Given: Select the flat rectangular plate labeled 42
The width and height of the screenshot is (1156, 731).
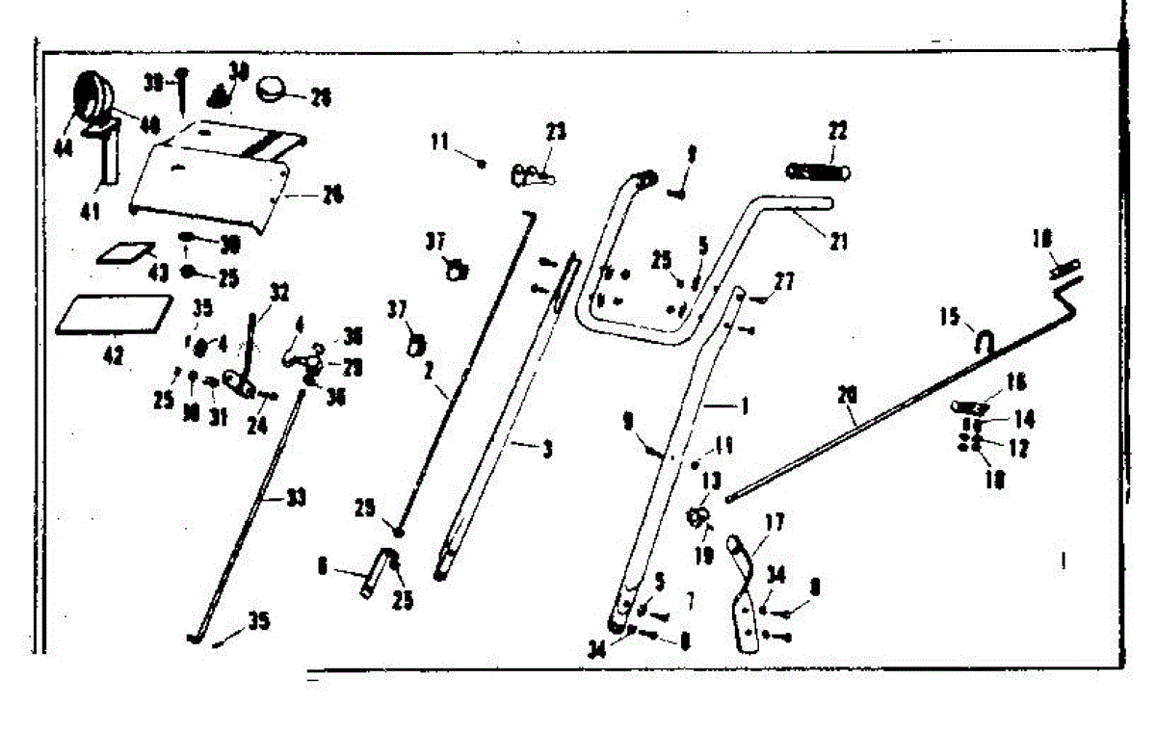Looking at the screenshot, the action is coord(105,316).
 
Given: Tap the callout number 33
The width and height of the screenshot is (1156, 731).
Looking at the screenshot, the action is coord(296,498).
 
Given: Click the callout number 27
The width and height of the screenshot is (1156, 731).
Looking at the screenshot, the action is coord(783,281).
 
